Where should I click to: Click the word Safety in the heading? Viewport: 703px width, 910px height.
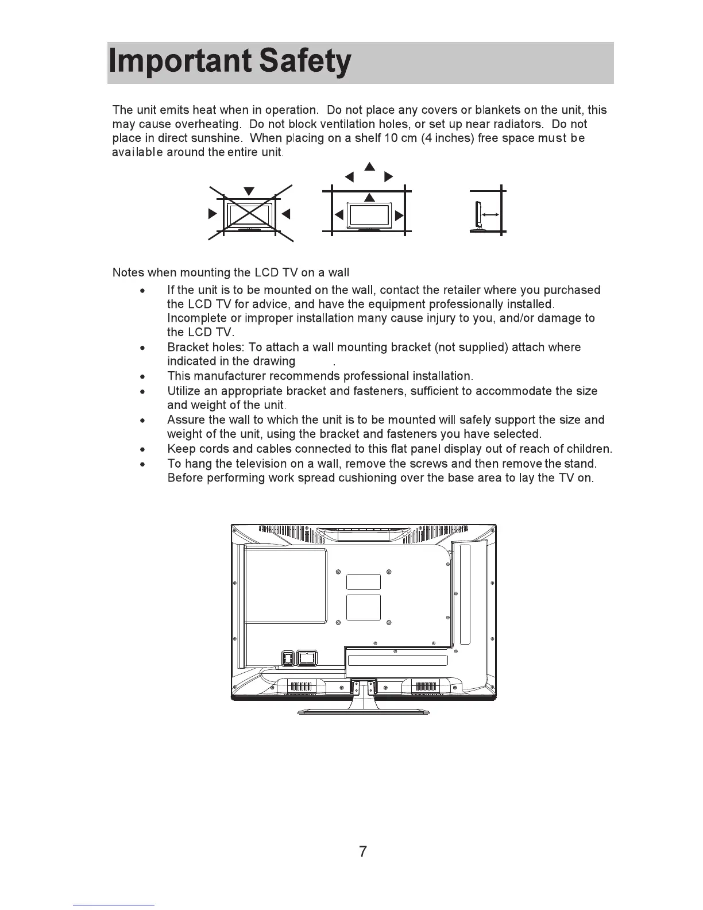305,63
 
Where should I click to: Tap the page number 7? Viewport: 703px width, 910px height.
362,851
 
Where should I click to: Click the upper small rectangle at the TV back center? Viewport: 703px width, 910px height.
364,582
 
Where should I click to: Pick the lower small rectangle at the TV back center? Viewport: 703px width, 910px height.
364,607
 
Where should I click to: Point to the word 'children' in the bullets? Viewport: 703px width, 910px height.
588,449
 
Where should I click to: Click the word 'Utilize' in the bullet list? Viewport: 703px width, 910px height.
185,391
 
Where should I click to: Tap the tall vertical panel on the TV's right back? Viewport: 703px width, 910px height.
465,594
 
